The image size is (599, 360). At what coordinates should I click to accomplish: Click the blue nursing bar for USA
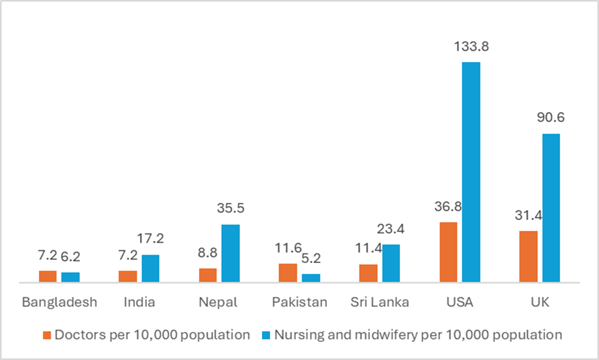click(471, 172)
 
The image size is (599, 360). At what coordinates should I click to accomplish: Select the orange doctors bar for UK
click(528, 256)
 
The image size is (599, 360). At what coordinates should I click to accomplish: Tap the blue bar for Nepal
click(230, 253)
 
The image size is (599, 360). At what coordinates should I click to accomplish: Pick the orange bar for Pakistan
click(288, 273)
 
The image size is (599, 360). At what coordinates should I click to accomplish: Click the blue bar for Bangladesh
click(70, 277)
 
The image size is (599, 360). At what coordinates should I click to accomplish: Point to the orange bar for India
click(128, 276)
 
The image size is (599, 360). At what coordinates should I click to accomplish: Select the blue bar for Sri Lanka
click(391, 263)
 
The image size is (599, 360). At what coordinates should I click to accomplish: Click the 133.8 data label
click(471, 46)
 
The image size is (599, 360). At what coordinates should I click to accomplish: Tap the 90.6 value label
click(551, 118)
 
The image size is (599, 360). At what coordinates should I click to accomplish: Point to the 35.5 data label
click(231, 208)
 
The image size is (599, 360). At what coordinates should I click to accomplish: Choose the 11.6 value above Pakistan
click(288, 248)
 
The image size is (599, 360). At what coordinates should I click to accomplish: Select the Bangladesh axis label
click(59, 302)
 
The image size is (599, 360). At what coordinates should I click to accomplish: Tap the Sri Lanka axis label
click(380, 302)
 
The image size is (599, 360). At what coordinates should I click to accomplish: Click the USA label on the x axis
click(460, 302)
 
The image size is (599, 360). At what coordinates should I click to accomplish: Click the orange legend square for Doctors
click(47, 335)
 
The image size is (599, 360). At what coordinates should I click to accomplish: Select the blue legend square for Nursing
click(266, 335)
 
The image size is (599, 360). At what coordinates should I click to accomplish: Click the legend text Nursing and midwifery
click(418, 335)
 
